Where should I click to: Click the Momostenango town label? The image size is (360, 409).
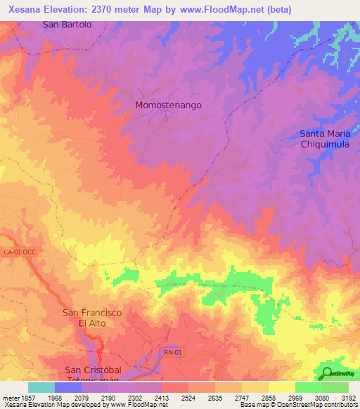tap(168, 105)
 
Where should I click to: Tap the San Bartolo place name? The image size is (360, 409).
tap(67, 25)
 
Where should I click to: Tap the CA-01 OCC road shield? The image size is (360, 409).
tap(18, 252)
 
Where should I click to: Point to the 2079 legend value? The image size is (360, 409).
tap(83, 398)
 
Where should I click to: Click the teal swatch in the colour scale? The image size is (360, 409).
tap(41, 387)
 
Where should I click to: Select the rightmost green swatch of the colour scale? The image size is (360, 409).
tap(335, 387)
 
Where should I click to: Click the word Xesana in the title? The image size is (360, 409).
tap(22, 8)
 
